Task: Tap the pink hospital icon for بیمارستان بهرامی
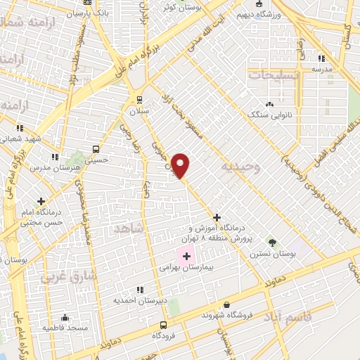click(x=186, y=256)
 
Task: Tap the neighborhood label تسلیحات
click(x=275, y=74)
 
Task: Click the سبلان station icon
click(x=139, y=99)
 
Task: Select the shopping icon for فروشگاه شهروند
click(x=226, y=304)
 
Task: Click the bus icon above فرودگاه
click(x=163, y=325)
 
